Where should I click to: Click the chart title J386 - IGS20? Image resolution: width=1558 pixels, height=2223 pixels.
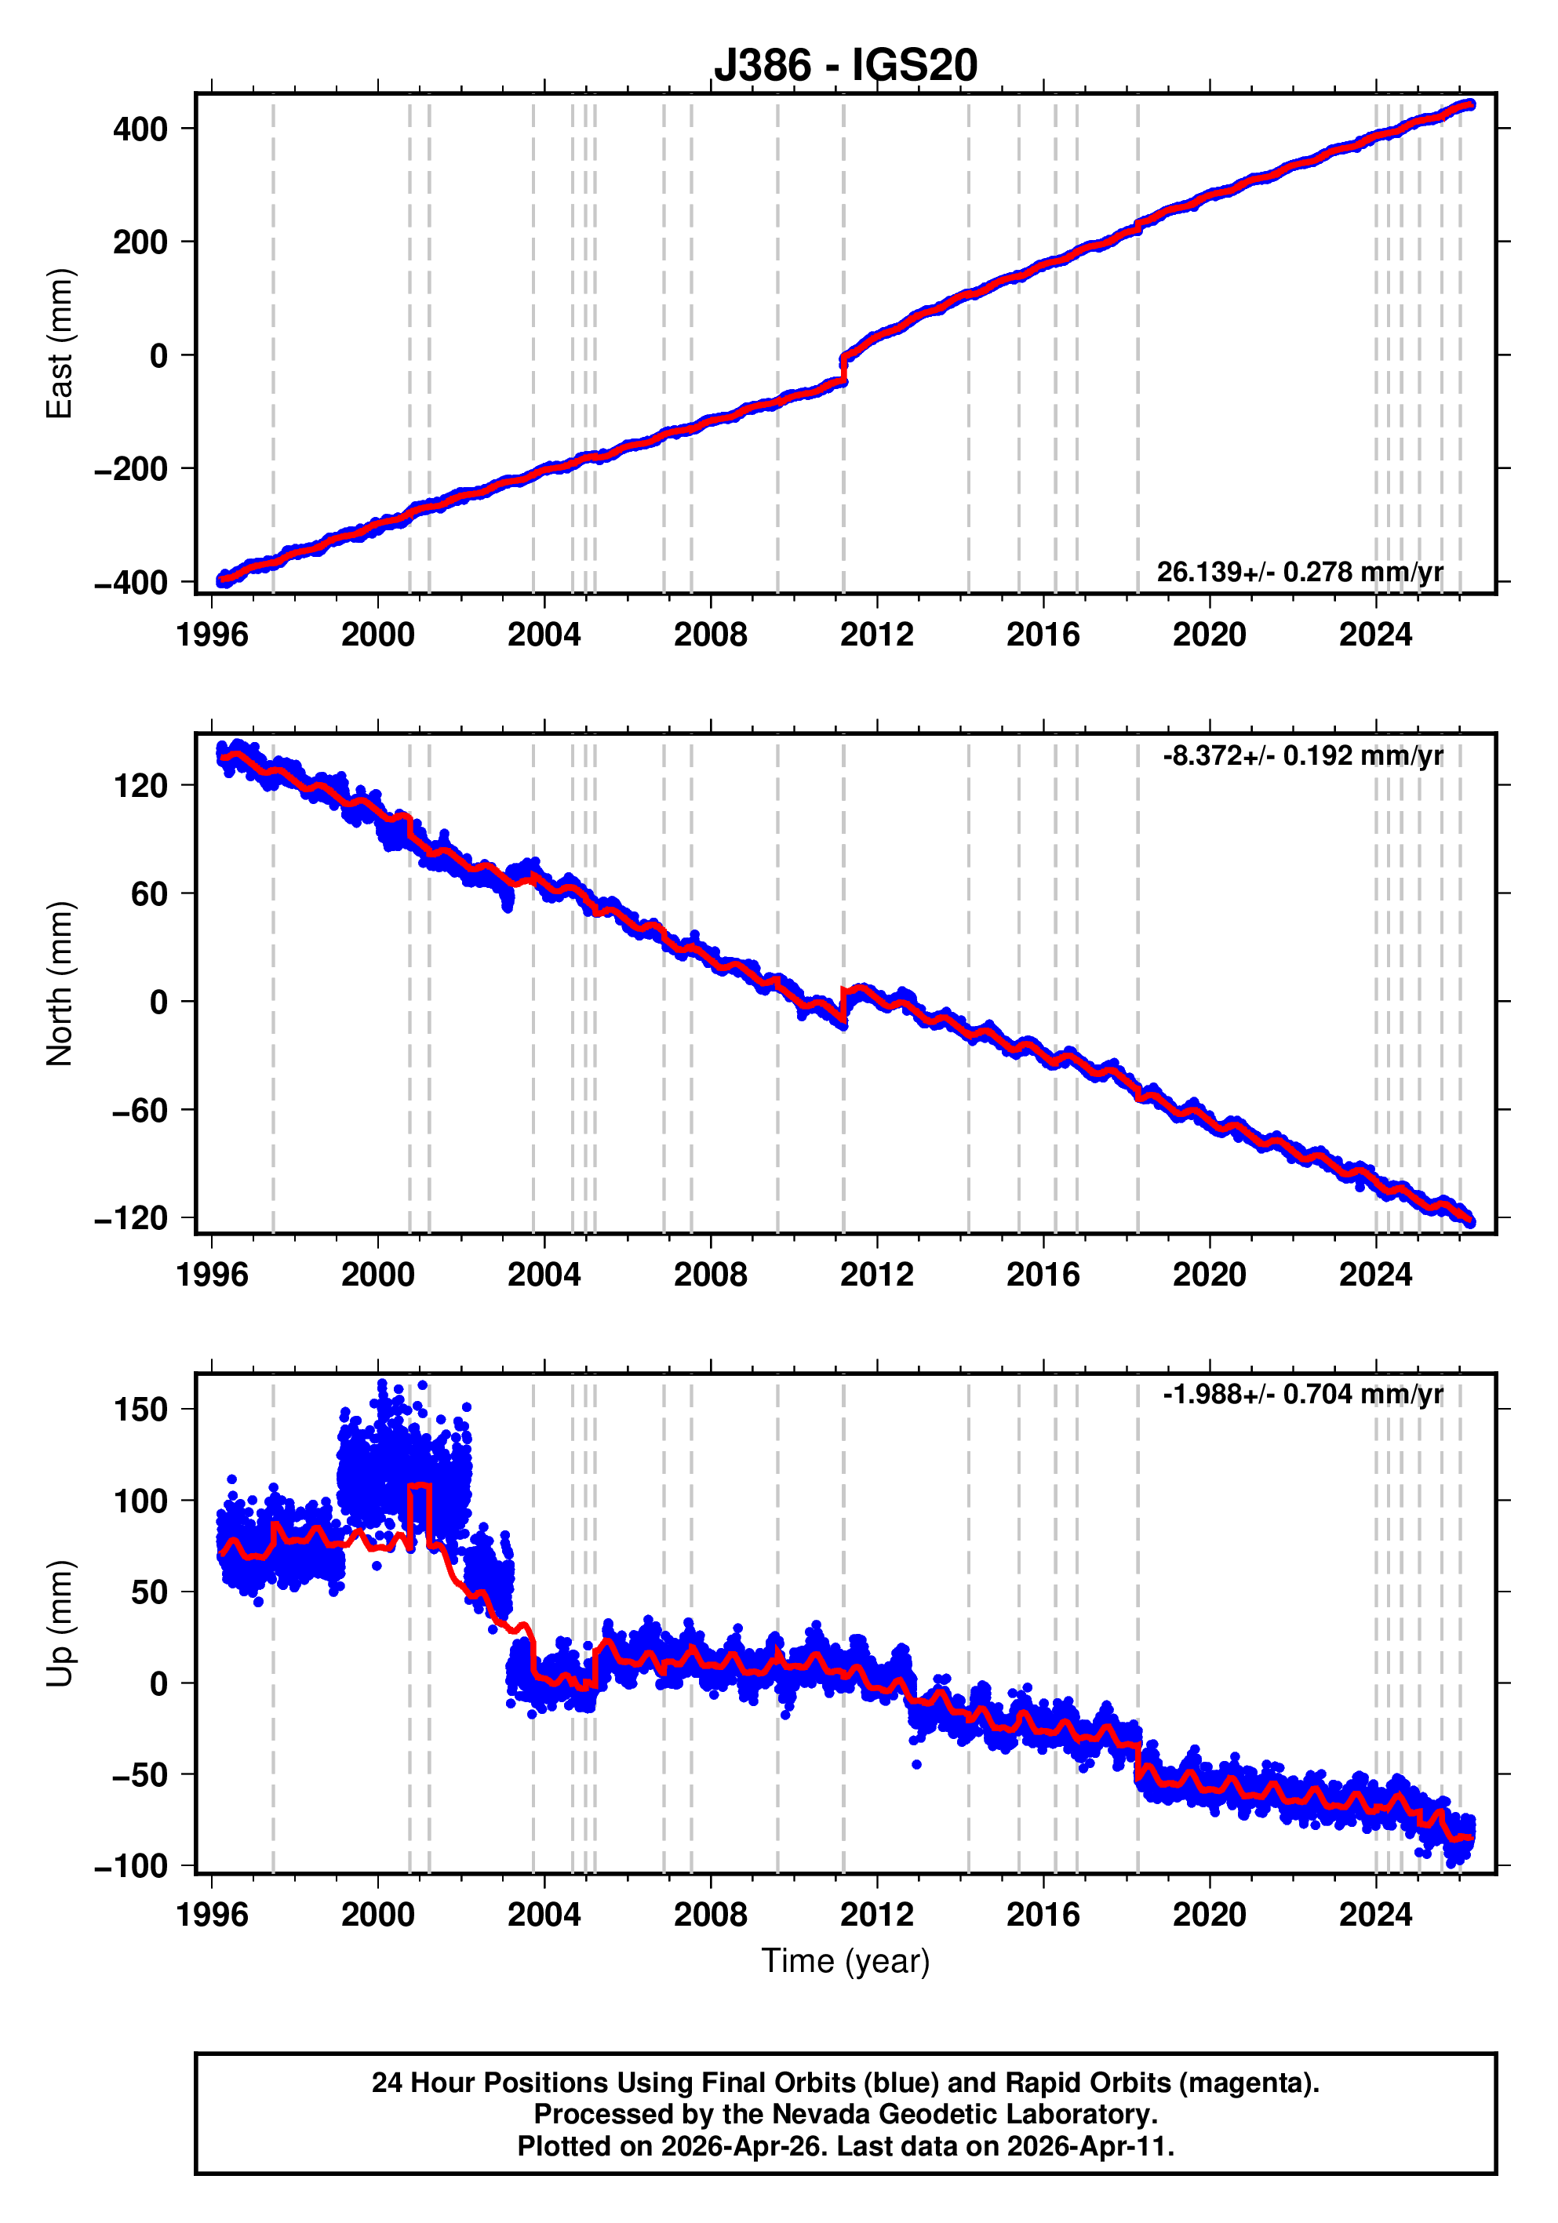(846, 65)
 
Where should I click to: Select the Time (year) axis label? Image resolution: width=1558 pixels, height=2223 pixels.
(846, 1960)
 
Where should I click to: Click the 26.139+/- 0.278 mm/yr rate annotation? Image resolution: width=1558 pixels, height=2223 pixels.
(1299, 572)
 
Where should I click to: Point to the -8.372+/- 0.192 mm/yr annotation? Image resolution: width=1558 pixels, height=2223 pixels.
(1303, 755)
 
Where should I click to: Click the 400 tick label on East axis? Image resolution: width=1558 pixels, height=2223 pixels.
(140, 129)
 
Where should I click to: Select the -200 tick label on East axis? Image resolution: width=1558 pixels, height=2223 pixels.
(131, 468)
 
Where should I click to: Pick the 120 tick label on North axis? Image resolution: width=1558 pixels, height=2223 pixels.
(140, 785)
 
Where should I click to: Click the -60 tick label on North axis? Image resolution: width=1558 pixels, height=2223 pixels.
(140, 1110)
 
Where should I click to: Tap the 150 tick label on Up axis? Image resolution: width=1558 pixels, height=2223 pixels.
(140, 1410)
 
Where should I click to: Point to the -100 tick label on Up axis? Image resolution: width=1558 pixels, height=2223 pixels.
(131, 1866)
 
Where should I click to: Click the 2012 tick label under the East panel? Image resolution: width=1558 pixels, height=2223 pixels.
(876, 635)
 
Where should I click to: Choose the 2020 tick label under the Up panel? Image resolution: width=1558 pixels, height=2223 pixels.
(1210, 1914)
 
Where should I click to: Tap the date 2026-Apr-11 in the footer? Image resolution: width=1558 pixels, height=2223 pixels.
(1087, 2146)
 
